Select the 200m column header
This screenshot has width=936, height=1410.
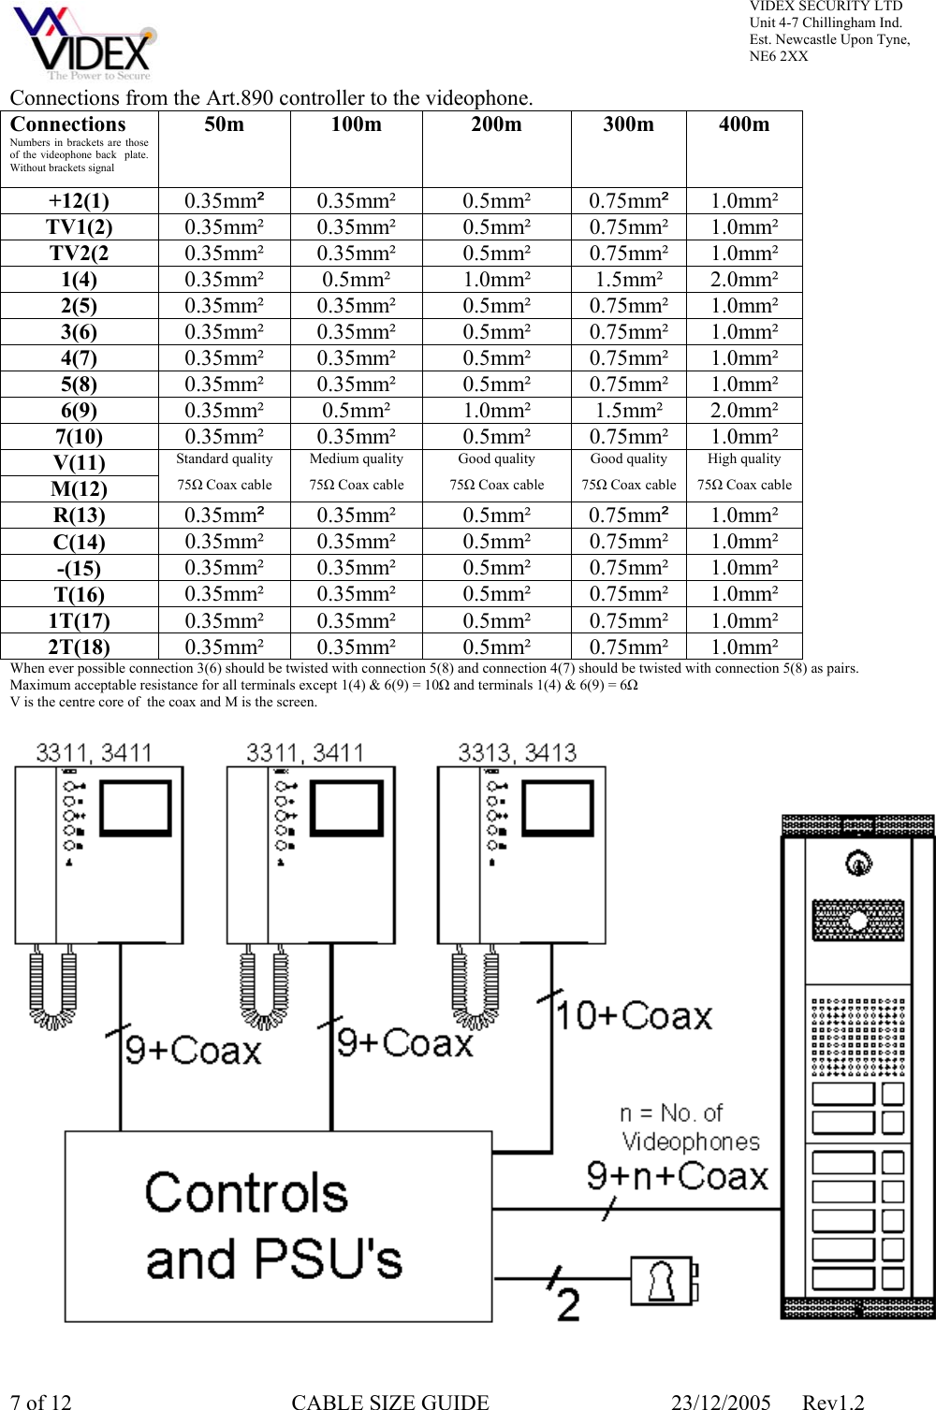pos(496,124)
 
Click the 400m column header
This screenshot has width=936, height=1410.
pos(743,124)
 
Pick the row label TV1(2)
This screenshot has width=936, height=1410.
pos(80,227)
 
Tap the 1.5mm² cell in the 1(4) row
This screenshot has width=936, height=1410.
pos(628,280)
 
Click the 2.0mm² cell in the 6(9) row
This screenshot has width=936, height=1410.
pos(743,411)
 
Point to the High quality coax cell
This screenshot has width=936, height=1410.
pos(743,472)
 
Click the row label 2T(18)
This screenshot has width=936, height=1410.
pos(80,647)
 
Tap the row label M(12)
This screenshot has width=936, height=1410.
pos(80,489)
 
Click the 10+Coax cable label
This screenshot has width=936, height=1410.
pos(635,1016)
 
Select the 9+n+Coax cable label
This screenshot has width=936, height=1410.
pos(677,1176)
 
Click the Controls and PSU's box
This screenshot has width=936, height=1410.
pos(278,1227)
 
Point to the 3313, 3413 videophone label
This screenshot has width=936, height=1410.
pos(517,753)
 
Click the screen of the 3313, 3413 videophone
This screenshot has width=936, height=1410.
pos(558,807)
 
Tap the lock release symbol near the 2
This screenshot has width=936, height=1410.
pos(662,1280)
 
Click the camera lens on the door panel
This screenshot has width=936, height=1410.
pos(857,864)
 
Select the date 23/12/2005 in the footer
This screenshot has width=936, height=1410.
pos(720,1402)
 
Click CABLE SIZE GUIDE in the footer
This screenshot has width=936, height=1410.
pos(390,1402)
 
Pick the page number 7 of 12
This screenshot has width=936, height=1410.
pos(40,1402)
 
